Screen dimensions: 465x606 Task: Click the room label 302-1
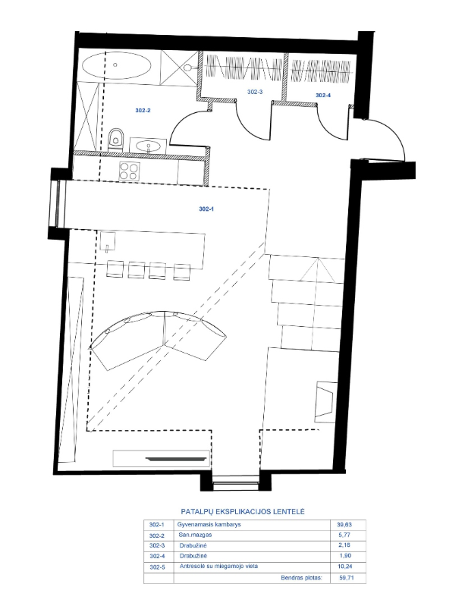[206, 209]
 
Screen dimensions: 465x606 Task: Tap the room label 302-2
[143, 111]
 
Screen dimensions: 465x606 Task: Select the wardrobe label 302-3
[255, 92]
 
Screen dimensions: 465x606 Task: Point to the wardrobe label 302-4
[323, 95]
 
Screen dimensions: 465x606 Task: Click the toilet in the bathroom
[115, 139]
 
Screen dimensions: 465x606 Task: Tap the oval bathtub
[117, 65]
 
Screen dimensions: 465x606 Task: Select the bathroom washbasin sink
[149, 146]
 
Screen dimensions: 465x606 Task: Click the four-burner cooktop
[129, 171]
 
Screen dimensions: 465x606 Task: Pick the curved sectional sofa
[158, 337]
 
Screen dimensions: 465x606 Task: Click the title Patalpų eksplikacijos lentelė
[243, 512]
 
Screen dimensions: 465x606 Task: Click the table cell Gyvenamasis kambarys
[209, 524]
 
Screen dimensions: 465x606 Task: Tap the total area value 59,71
[346, 578]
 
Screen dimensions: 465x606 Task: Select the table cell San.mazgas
[195, 535]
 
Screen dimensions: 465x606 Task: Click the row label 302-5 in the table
[156, 567]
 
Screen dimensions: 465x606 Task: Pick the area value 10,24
[345, 567]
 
